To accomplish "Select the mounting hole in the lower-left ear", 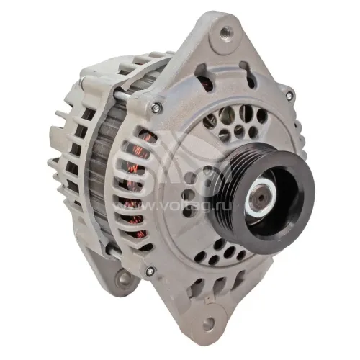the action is tap(125, 279).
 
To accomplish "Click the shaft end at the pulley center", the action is tap(261, 197).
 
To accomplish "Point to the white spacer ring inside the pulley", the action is tap(260, 197).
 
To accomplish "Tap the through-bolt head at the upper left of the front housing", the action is tap(156, 107).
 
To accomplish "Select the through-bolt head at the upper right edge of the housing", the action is tap(289, 96).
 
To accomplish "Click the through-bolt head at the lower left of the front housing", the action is tap(150, 271).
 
